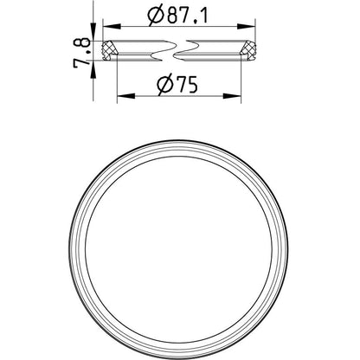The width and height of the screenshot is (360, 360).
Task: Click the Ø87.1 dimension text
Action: pyautogui.click(x=177, y=16)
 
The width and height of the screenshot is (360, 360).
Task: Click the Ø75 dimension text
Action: pyautogui.click(x=177, y=85)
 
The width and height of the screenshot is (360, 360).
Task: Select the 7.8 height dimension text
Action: pyautogui.click(x=80, y=54)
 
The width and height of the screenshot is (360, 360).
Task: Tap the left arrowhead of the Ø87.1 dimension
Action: pyautogui.click(x=112, y=27)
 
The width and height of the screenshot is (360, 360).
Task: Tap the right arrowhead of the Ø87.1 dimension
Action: pyautogui.click(x=247, y=27)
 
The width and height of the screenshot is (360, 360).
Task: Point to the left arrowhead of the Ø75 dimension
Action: pyautogui.click(x=125, y=96)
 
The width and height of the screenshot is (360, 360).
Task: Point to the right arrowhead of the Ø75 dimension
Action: pyautogui.click(x=232, y=96)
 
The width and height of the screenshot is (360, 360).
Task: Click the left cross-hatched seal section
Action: pyautogui.click(x=109, y=50)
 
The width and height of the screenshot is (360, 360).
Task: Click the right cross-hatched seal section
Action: pyautogui.click(x=248, y=50)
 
